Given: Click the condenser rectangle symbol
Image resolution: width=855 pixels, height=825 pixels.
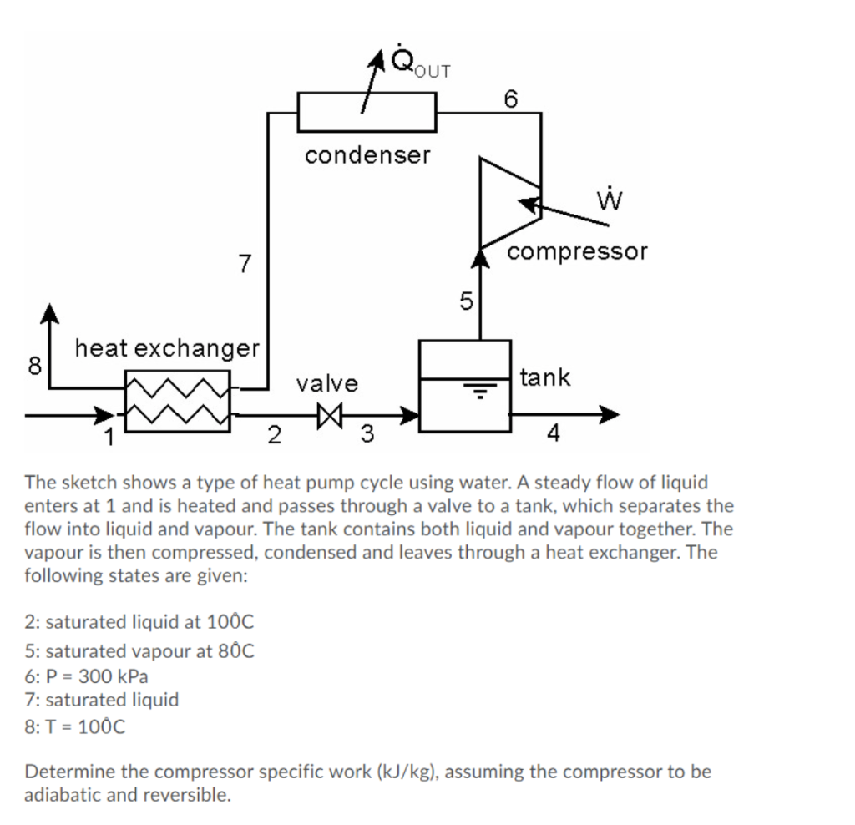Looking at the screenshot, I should click(367, 112).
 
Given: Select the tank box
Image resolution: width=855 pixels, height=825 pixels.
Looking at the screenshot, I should click(464, 386).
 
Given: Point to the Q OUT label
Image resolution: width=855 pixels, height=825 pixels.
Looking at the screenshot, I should click(416, 63).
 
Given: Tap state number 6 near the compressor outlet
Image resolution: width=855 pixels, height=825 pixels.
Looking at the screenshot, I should click(511, 98).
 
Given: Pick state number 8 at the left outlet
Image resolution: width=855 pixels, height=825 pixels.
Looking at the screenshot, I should click(34, 365).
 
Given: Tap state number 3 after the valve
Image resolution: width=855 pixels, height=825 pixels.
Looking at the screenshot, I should click(366, 433).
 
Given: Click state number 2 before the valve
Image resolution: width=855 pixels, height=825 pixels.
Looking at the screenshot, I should click(273, 433).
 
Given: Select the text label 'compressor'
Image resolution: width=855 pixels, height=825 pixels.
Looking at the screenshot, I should click(577, 251).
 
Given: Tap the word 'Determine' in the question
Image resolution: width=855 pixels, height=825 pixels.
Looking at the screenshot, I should click(64, 771).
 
